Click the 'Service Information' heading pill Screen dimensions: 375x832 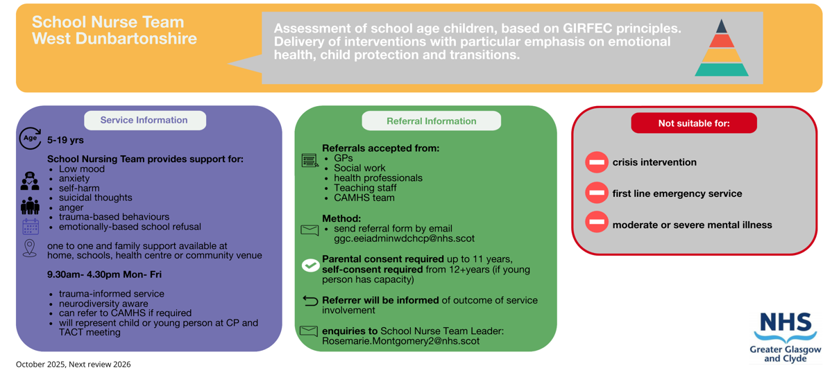(144, 120)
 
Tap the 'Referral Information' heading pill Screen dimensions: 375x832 (431, 121)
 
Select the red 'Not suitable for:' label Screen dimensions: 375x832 (693, 123)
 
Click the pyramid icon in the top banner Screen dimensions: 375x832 (721, 48)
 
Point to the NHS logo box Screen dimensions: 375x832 (786, 337)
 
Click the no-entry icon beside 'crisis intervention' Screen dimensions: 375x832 (596, 162)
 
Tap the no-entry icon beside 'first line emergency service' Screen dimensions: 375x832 (596, 193)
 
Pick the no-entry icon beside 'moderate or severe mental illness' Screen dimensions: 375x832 (596, 223)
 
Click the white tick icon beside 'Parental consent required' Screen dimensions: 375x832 (310, 265)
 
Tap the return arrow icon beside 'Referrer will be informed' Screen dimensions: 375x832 (310, 301)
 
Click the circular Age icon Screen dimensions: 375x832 (30, 139)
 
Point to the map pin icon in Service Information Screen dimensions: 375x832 (30, 248)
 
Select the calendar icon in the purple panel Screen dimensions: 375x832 (30, 226)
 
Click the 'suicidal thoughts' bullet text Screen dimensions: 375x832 (95, 198)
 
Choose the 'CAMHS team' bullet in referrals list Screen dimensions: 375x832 (364, 198)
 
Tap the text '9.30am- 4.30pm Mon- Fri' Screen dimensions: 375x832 (104, 274)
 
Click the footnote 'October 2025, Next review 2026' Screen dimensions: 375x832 (73, 364)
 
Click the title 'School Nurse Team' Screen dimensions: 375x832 (108, 22)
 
